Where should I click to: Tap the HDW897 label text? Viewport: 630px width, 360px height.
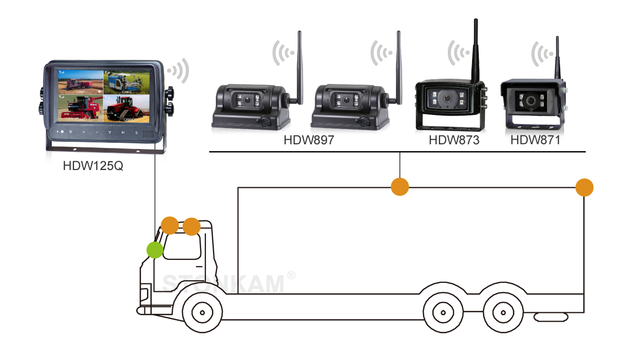pyautogui.click(x=309, y=140)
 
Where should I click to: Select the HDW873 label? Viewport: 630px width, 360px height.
pyautogui.click(x=454, y=140)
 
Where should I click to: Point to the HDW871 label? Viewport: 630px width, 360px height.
pyautogui.click(x=535, y=140)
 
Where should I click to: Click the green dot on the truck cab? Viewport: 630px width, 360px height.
pyautogui.click(x=155, y=250)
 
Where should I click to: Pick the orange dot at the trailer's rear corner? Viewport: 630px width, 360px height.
pyautogui.click(x=584, y=187)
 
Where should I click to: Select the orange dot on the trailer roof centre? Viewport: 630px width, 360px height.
pyautogui.click(x=400, y=186)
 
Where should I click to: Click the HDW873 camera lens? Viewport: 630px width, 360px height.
pyautogui.click(x=447, y=98)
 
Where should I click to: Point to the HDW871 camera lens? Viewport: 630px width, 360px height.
pyautogui.click(x=532, y=101)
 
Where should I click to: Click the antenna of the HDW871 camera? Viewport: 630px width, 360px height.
pyautogui.click(x=557, y=58)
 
